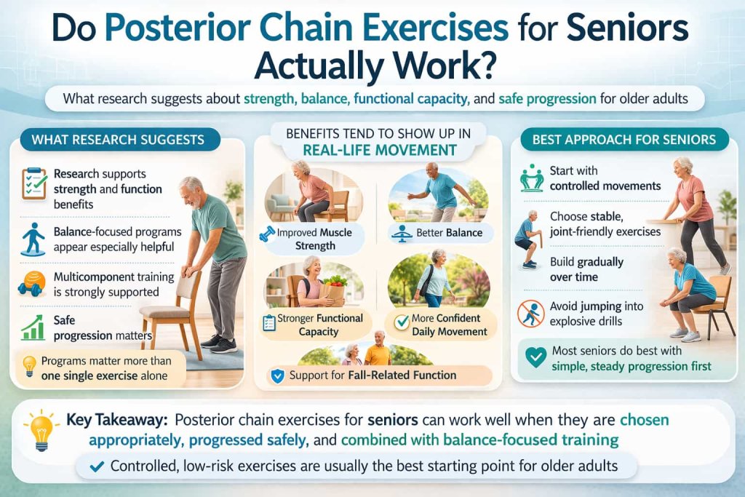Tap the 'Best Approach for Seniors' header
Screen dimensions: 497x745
point(624,138)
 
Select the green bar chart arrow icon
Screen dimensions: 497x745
point(33,327)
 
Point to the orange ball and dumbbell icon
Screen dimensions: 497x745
point(33,282)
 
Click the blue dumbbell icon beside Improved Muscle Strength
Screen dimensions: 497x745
point(266,235)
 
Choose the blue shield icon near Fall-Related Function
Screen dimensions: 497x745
point(276,376)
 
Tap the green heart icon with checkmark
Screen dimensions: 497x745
point(535,358)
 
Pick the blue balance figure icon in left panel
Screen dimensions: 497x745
point(33,236)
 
